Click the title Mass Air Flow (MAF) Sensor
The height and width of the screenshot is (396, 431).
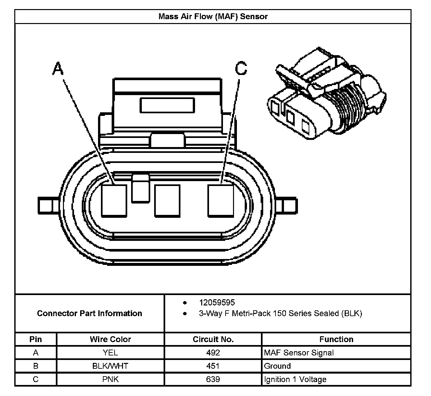click(x=213, y=17)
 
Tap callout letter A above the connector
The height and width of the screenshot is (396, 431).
click(x=58, y=69)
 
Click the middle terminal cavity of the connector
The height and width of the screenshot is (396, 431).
click(x=167, y=201)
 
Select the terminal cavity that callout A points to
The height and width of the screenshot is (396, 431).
click(x=114, y=201)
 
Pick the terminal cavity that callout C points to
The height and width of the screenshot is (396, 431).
click(x=220, y=201)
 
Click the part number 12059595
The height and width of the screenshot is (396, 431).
click(x=217, y=303)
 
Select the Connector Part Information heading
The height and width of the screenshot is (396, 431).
click(x=90, y=313)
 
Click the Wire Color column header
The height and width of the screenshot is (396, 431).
click(x=110, y=339)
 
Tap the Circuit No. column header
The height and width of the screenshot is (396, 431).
click(x=213, y=339)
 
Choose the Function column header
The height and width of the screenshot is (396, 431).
click(x=336, y=339)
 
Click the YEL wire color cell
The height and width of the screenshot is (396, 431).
click(x=110, y=353)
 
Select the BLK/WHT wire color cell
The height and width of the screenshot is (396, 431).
click(x=110, y=366)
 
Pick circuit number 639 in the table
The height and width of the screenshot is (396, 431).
click(x=213, y=379)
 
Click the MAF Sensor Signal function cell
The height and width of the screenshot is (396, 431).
click(x=299, y=353)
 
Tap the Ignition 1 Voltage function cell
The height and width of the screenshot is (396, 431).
click(x=295, y=379)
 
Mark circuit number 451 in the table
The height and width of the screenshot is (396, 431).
click(x=213, y=366)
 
